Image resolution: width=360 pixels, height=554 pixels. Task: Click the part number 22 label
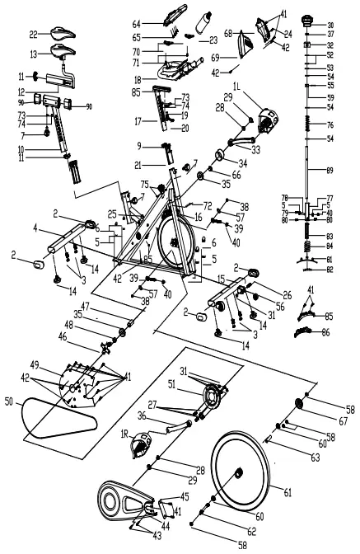pos(34,34)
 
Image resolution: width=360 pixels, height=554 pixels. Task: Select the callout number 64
pos(137,23)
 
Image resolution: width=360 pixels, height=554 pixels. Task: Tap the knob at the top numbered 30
pos(311,18)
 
